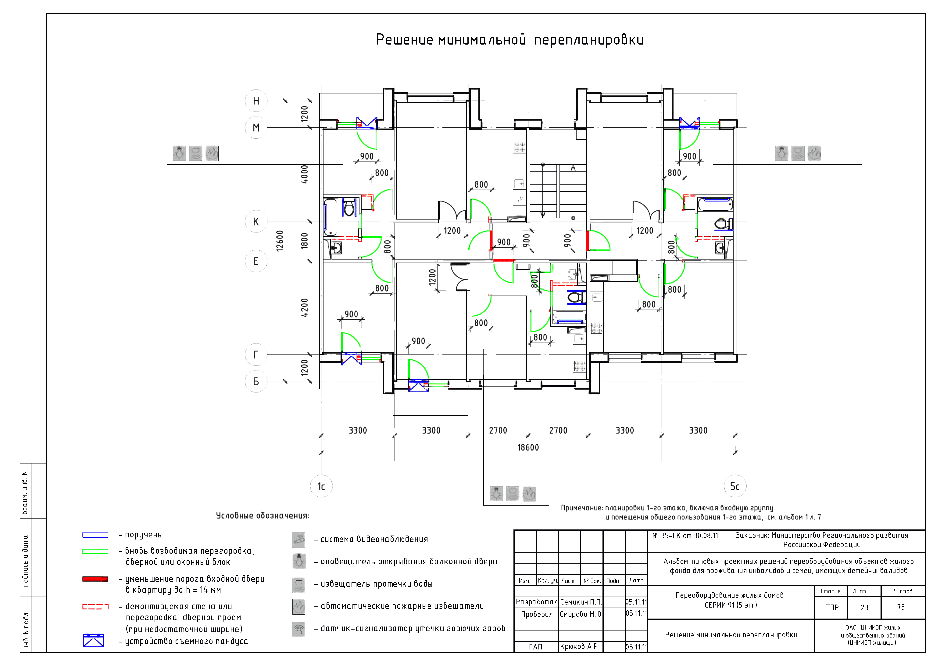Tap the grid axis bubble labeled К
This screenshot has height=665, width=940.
[x=256, y=222]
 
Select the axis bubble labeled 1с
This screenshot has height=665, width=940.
[x=321, y=486]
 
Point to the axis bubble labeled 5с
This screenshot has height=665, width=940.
[x=735, y=486]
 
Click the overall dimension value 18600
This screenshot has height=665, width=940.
[x=528, y=447]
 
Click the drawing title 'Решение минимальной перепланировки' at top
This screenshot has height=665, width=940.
[x=510, y=40]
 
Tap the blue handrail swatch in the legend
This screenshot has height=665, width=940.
[x=95, y=535]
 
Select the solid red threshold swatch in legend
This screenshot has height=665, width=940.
[x=95, y=579]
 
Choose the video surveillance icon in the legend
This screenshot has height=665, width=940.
[x=299, y=540]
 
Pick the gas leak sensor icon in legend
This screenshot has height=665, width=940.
[x=299, y=629]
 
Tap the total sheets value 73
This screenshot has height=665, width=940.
[x=901, y=607]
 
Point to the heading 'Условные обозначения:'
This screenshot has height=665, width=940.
[x=263, y=515]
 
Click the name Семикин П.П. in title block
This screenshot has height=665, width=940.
[x=581, y=602]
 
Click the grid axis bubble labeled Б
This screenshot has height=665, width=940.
[x=256, y=381]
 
